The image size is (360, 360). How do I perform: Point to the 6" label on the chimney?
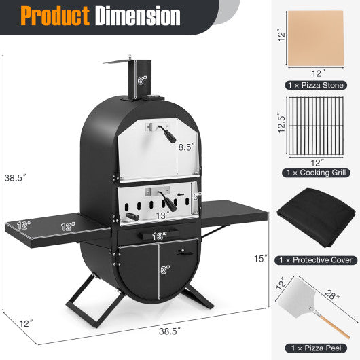(141, 80)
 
